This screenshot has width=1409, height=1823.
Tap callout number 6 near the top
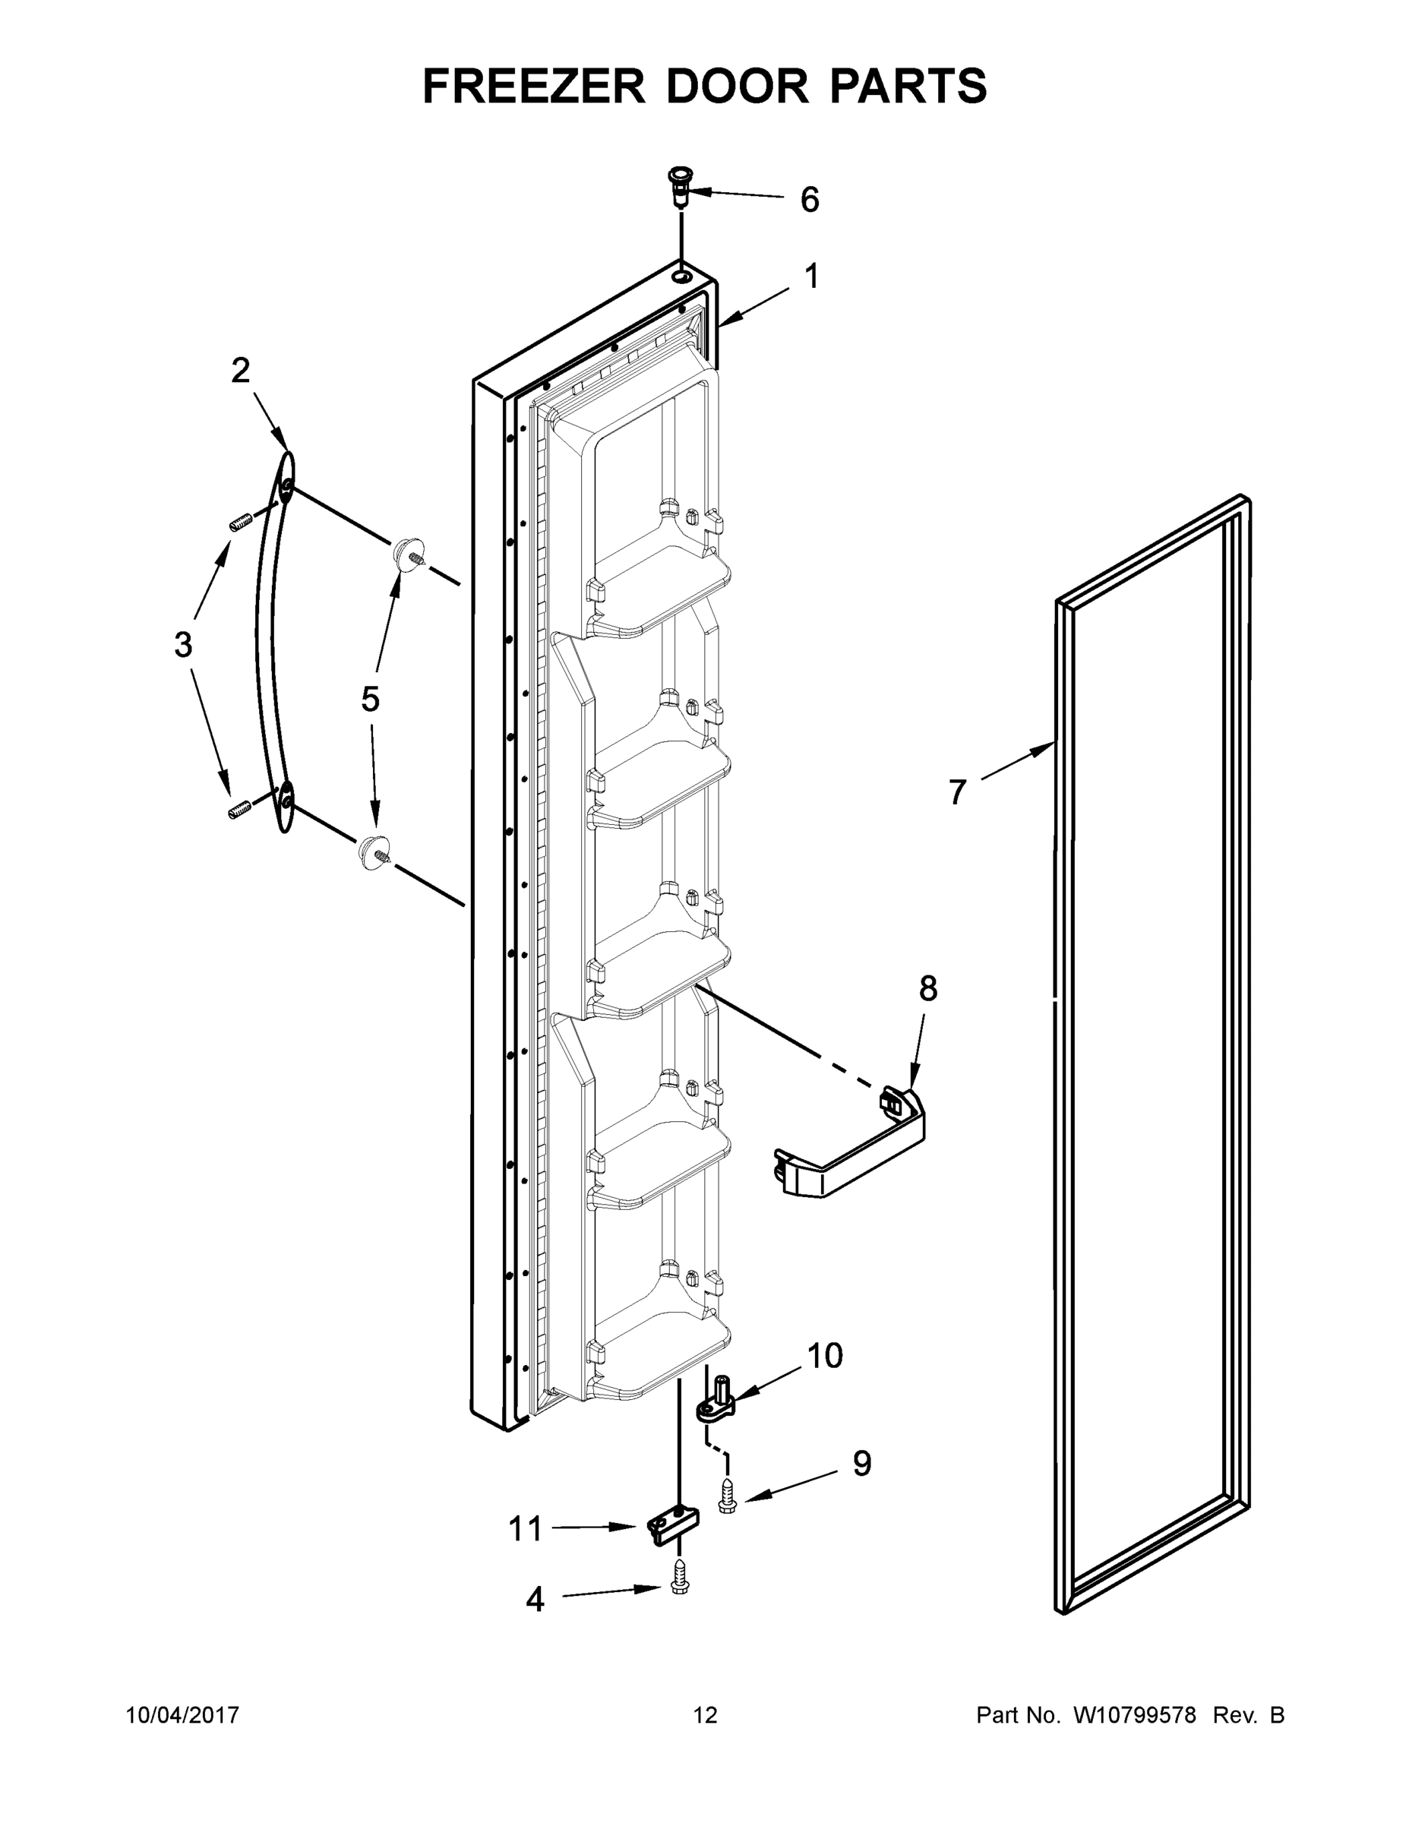click(809, 201)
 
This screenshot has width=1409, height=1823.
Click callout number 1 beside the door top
click(811, 276)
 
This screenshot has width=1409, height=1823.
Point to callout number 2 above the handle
click(240, 371)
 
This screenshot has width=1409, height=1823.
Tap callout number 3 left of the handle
click(183, 644)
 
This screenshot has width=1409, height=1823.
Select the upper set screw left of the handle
click(240, 523)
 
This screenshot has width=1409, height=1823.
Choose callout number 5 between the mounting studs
click(370, 700)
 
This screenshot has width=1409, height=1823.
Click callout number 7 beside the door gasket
click(957, 791)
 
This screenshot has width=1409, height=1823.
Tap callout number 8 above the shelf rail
click(928, 989)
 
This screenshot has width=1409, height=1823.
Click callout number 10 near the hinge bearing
click(825, 1357)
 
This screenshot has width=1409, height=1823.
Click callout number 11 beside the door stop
click(526, 1529)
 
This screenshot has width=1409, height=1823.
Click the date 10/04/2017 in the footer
click(182, 1715)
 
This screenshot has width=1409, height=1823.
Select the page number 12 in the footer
click(705, 1715)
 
